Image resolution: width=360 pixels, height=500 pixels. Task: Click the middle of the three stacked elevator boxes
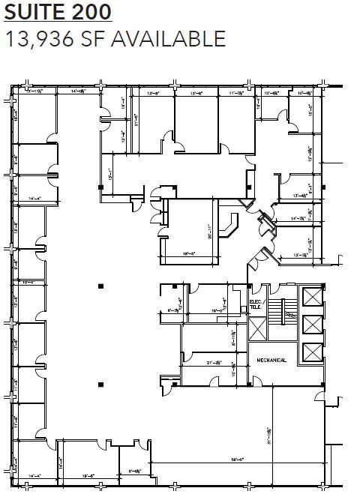[x=309, y=324]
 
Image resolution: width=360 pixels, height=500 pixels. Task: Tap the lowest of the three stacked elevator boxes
[x=309, y=352]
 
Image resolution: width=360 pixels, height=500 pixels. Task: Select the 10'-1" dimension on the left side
[x=28, y=282]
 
